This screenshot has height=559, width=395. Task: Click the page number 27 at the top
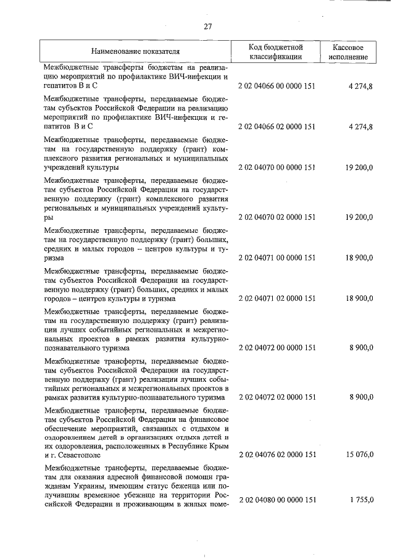pyautogui.click(x=207, y=26)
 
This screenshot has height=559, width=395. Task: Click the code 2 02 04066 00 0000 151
pyautogui.click(x=275, y=86)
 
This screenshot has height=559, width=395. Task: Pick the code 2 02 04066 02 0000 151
pyautogui.click(x=275, y=127)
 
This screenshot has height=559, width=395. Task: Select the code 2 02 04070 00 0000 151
pyautogui.click(x=275, y=167)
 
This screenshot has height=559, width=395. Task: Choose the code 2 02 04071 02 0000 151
pyautogui.click(x=275, y=298)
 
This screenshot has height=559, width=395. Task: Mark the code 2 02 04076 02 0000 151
pyautogui.click(x=275, y=455)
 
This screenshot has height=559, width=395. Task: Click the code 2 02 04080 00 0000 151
pyautogui.click(x=275, y=498)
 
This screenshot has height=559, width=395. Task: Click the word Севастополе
pyautogui.click(x=75, y=455)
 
